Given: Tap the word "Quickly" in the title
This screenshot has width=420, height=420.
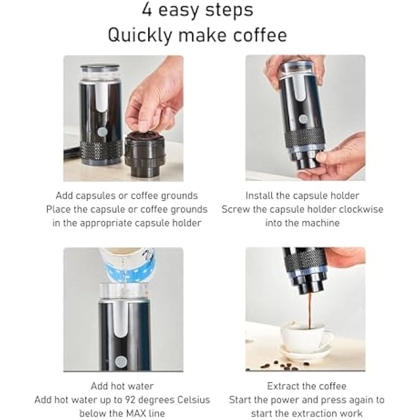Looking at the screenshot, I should click(x=140, y=35).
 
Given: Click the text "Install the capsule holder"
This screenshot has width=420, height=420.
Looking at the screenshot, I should click(x=302, y=195).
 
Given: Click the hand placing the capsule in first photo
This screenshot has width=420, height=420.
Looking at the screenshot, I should click(x=151, y=99).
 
